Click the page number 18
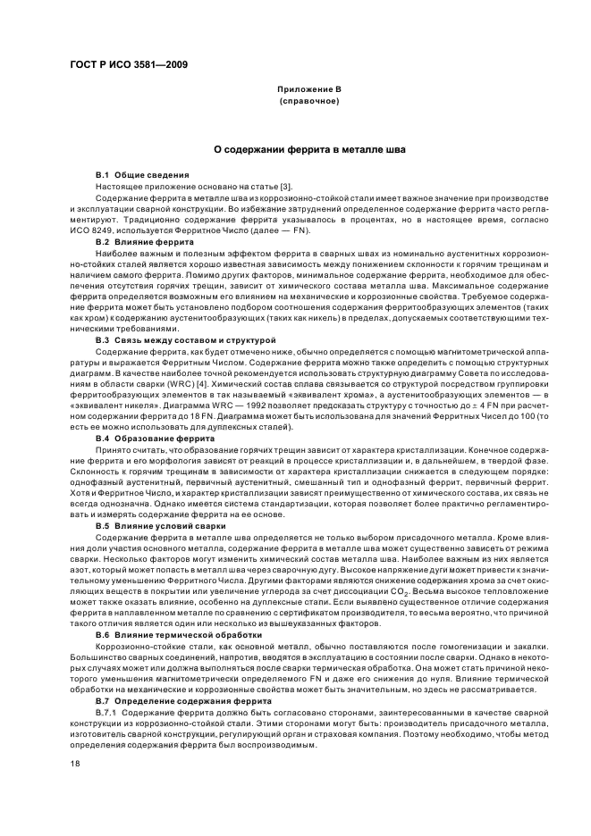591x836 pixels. (75, 765)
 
